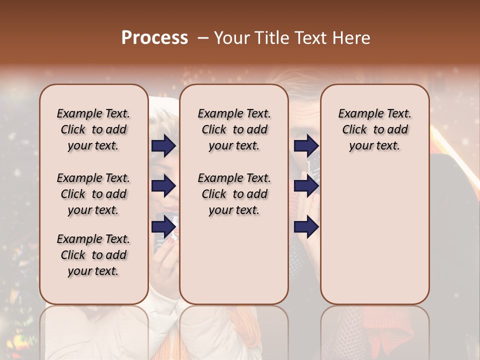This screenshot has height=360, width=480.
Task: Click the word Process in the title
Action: [x=154, y=38]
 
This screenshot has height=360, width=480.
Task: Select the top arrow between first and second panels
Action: [x=163, y=145]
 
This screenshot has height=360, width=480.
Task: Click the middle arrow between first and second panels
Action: [x=163, y=186]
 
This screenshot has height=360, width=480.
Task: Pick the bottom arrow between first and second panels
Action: [x=163, y=227]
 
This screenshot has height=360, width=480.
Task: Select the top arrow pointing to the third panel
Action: [x=306, y=145]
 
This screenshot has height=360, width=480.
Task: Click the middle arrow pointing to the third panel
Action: [x=306, y=186]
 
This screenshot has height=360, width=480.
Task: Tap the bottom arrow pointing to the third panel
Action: [x=306, y=227]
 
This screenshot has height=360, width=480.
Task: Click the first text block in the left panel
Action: [x=93, y=129]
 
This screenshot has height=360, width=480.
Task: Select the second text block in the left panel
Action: [x=93, y=194]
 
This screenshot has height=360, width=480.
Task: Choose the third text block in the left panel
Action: [x=93, y=255]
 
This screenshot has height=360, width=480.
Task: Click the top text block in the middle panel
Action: [x=234, y=129]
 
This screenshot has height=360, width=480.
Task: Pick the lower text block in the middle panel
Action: [x=234, y=194]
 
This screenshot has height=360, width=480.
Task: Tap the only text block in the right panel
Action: [x=374, y=129]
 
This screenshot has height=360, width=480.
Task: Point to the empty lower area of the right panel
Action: [x=374, y=235]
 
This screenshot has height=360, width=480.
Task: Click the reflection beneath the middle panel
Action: [x=234, y=330]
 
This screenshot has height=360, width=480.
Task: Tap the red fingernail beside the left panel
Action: [x=170, y=241]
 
